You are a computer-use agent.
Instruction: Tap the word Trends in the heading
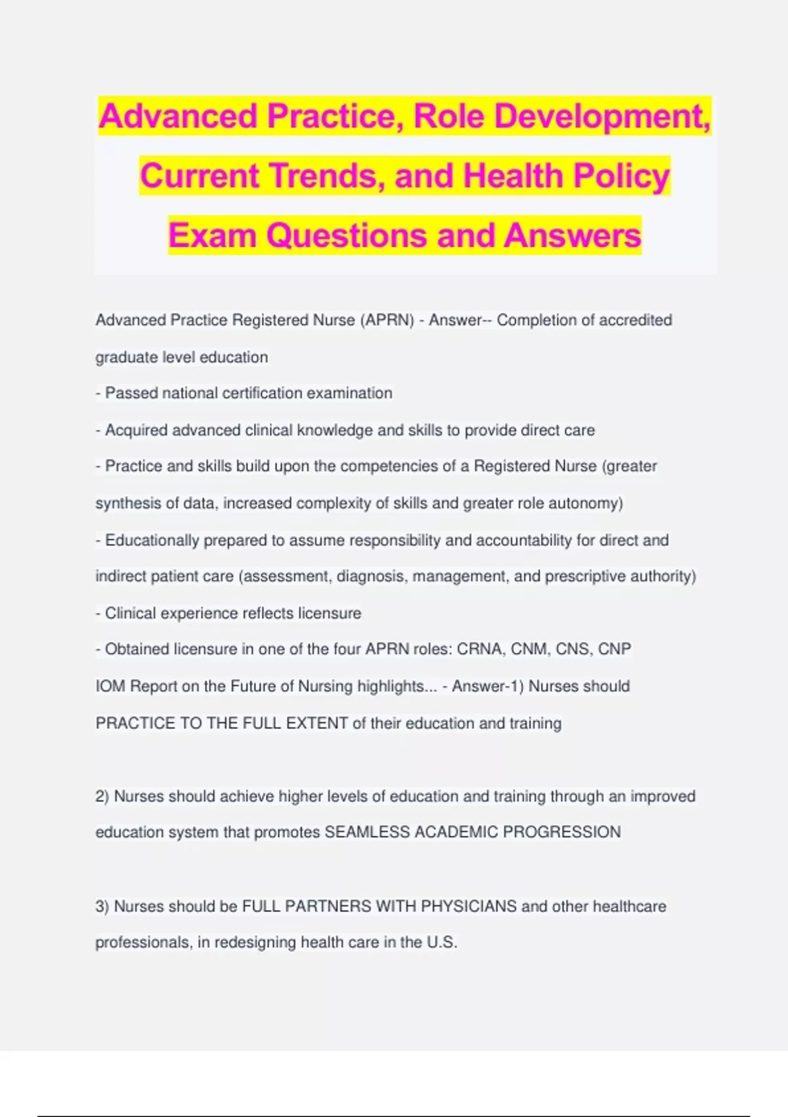323,176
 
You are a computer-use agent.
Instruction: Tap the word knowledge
334,430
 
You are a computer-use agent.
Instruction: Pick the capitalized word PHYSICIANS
469,906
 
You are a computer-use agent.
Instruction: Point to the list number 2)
102,796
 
